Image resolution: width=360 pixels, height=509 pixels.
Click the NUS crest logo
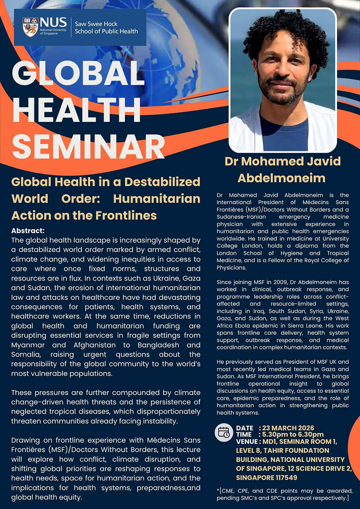tap(30, 27)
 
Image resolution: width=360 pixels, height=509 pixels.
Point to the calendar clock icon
tap(224, 433)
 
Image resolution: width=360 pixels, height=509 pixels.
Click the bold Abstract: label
tap(28, 231)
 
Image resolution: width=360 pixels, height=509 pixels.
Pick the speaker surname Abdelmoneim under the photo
tap(282, 178)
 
